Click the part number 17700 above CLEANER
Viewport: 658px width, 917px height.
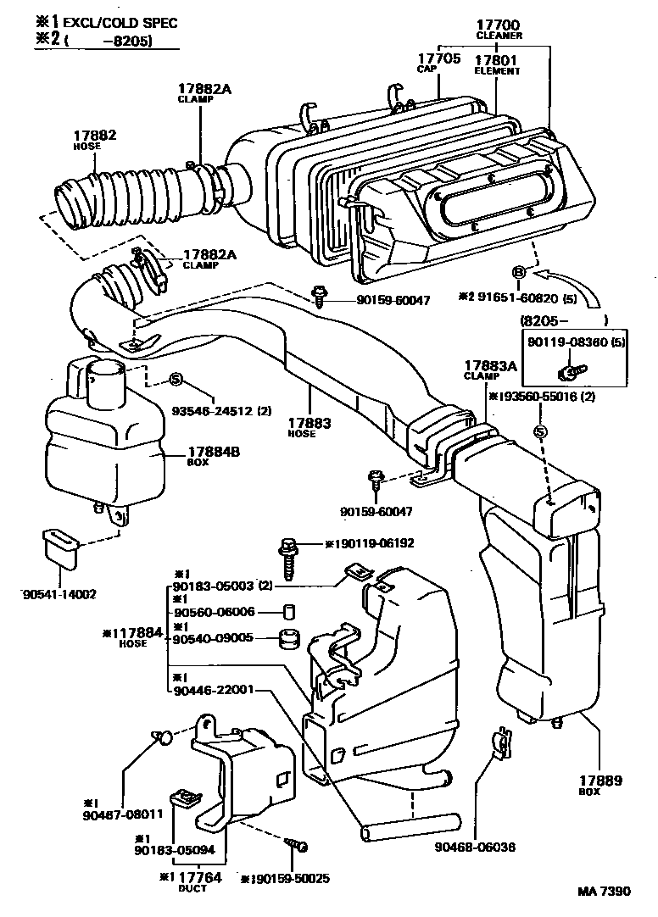pos(499,25)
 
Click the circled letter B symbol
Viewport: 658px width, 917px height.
pos(519,270)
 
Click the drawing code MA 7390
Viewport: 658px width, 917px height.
pos(605,892)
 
